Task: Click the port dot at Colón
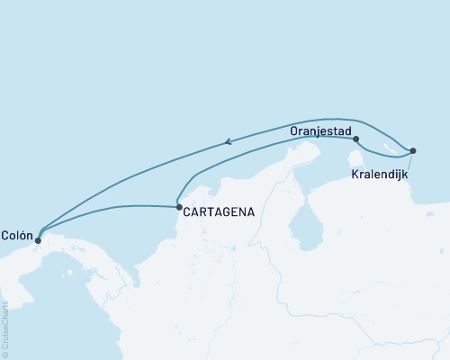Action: click(37, 240)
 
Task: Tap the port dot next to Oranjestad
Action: click(356, 139)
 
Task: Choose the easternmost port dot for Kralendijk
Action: click(412, 150)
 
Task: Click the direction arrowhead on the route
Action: click(229, 140)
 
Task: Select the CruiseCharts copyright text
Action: click(5, 328)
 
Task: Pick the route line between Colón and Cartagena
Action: click(108, 209)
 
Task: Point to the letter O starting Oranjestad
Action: click(295, 130)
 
